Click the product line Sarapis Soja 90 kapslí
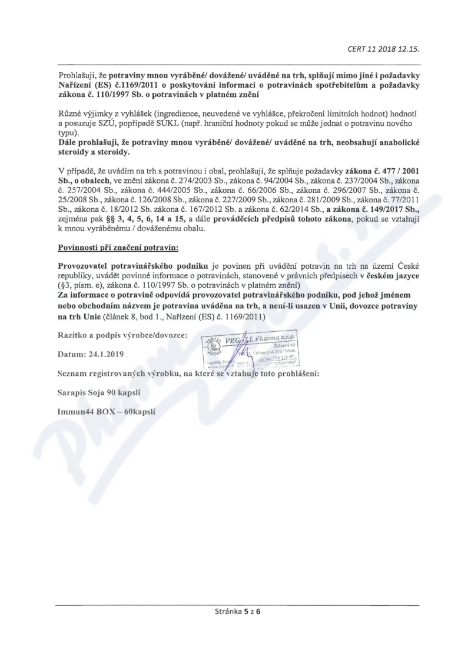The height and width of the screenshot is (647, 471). click(x=98, y=391)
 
